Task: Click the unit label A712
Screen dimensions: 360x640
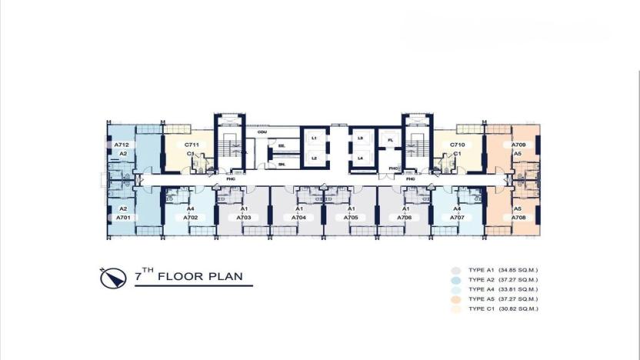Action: pyautogui.click(x=121, y=145)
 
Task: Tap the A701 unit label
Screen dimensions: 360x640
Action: pyautogui.click(x=122, y=218)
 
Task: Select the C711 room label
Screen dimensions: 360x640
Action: pyautogui.click(x=192, y=145)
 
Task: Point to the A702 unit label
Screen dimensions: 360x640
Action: pyautogui.click(x=191, y=218)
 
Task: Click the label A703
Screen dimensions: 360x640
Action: pyautogui.click(x=244, y=218)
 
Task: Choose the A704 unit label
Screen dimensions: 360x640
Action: pyautogui.click(x=298, y=218)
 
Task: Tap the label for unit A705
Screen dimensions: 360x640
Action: pyautogui.click(x=351, y=218)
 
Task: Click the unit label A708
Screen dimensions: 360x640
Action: pyautogui.click(x=518, y=218)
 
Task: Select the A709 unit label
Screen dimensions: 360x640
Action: pyautogui.click(x=518, y=145)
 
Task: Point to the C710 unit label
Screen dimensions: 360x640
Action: pyautogui.click(x=457, y=145)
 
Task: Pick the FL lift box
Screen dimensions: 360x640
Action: pyautogui.click(x=390, y=140)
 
